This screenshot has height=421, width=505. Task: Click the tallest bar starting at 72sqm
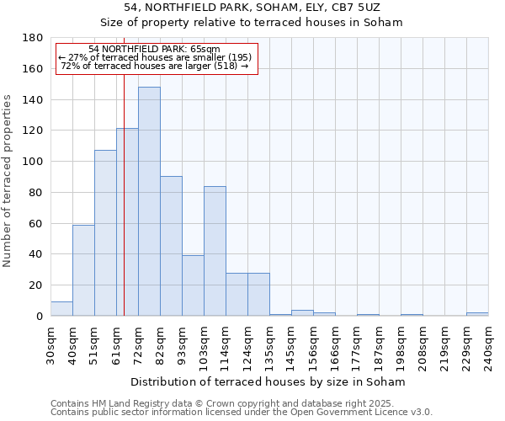coord(149,202)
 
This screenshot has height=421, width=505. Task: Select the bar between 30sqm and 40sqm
coord(61,309)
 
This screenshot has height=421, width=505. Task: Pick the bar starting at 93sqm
coord(193,285)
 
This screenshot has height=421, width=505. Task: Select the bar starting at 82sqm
coord(171,246)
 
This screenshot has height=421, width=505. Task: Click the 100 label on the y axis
coord(35,162)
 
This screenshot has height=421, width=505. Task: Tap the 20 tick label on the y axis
coord(37,285)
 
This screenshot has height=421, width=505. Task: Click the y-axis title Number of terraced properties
coord(8,180)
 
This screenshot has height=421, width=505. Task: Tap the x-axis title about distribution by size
coord(268,382)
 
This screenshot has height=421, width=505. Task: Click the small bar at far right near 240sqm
coord(477,314)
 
